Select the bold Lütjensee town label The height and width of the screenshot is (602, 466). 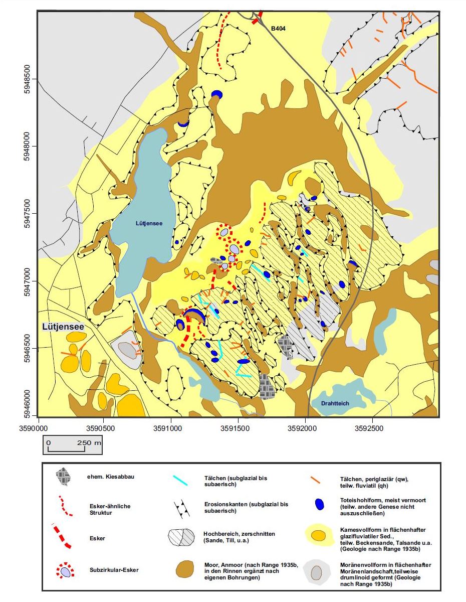coord(63,327)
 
